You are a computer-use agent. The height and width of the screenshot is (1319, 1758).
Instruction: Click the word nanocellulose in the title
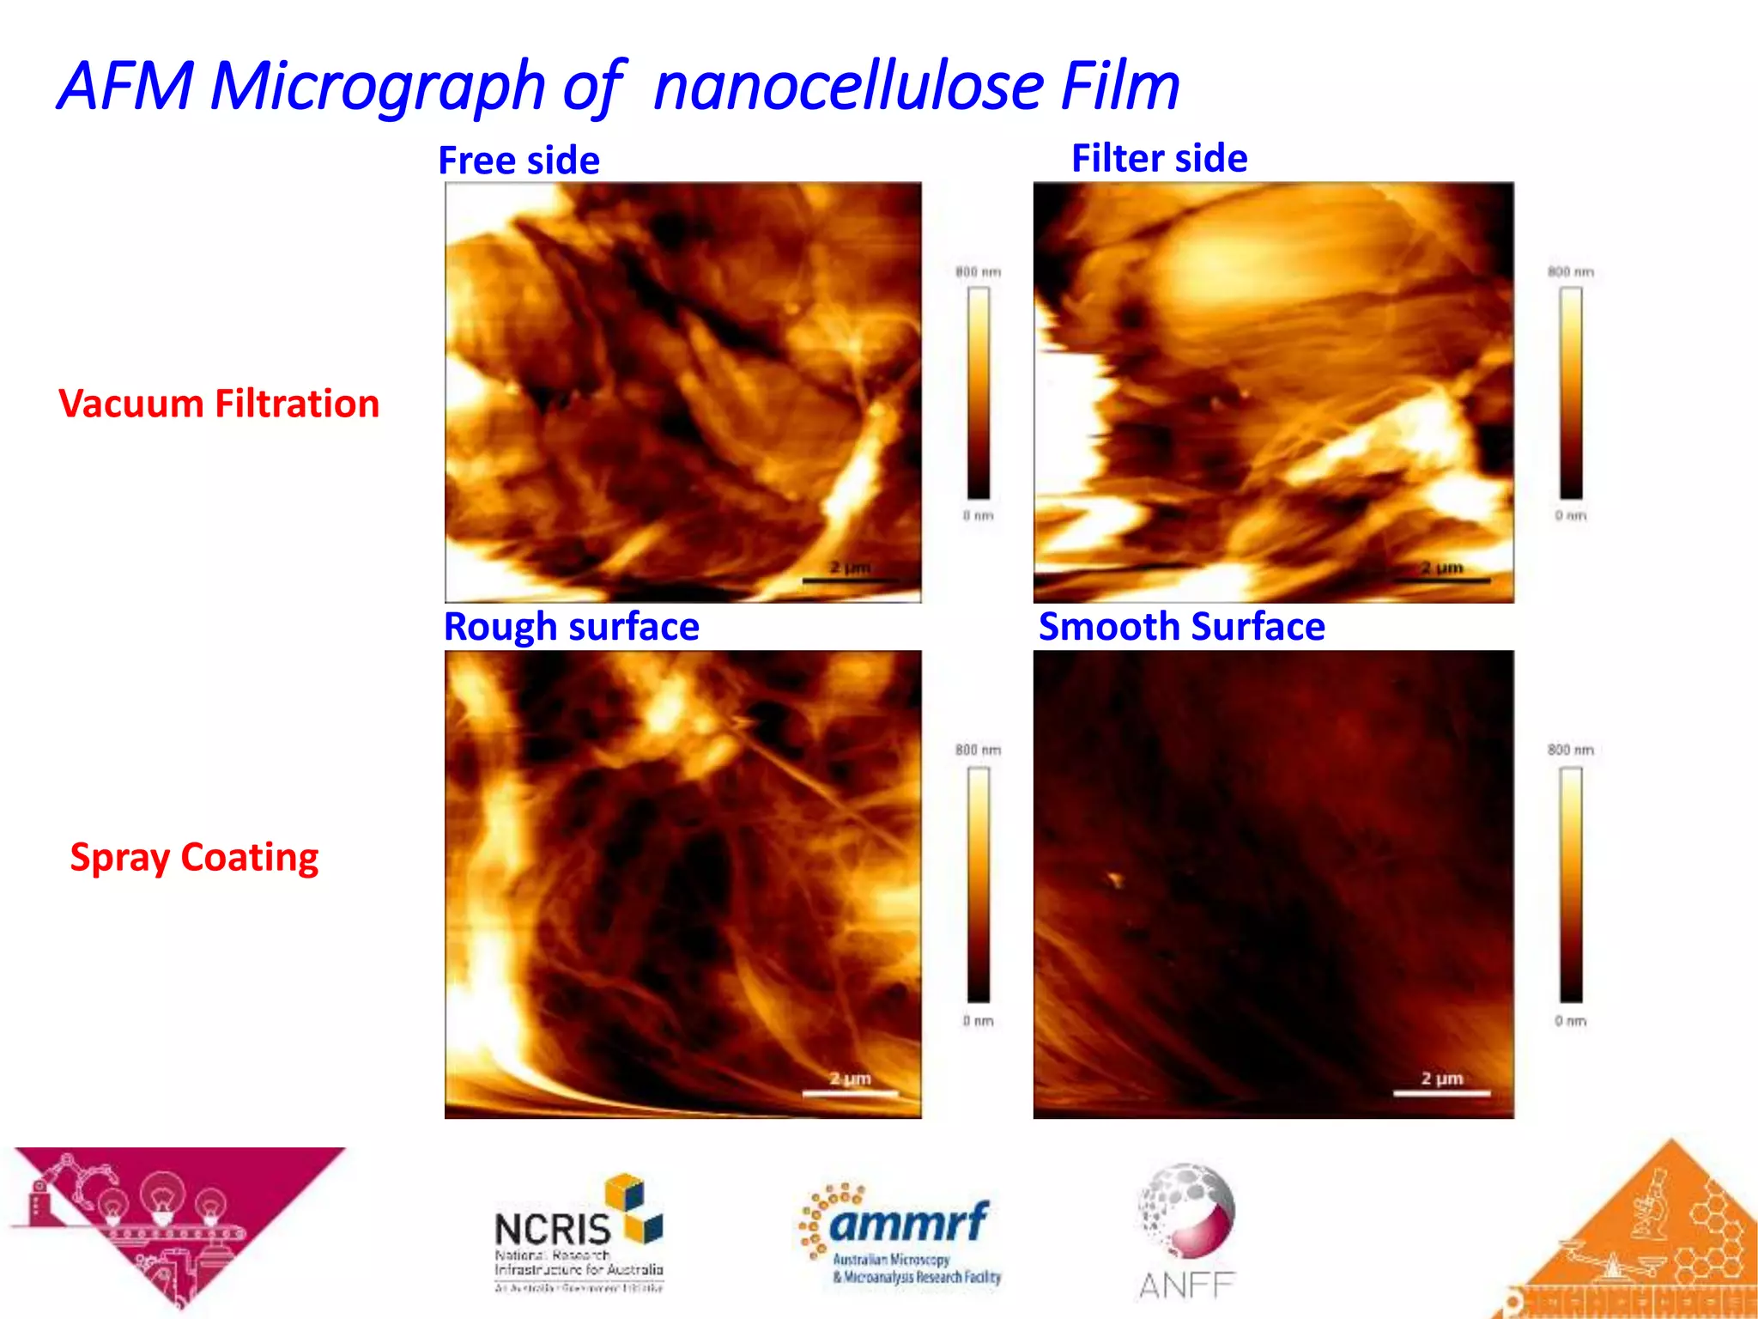click(x=848, y=86)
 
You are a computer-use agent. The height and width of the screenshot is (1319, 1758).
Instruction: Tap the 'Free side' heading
click(x=518, y=161)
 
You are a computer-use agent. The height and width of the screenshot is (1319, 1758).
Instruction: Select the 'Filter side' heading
click(x=1159, y=158)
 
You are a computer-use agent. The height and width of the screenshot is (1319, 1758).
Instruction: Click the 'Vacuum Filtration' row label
click(x=219, y=404)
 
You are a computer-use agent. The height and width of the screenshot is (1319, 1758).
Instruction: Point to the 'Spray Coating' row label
click(x=194, y=857)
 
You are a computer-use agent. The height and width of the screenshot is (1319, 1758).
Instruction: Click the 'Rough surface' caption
click(x=571, y=627)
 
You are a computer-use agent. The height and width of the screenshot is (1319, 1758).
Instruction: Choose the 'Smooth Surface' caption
click(x=1181, y=627)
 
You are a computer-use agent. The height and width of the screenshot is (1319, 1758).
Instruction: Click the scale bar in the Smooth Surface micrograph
click(x=1441, y=1093)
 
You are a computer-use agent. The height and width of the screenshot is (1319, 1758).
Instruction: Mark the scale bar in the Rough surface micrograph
click(x=850, y=1093)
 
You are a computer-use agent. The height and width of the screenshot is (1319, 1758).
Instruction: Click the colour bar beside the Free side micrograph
click(x=979, y=392)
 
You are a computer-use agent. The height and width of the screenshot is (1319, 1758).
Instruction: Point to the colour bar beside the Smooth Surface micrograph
click(x=1571, y=884)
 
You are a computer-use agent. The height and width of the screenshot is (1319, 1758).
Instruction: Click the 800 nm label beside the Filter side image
click(x=1570, y=272)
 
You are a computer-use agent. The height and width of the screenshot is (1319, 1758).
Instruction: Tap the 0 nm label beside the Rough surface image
click(x=978, y=1021)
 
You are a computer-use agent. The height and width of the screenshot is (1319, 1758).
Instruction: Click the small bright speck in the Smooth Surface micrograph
click(x=1115, y=878)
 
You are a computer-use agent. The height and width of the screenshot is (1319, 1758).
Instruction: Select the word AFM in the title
click(x=127, y=86)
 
